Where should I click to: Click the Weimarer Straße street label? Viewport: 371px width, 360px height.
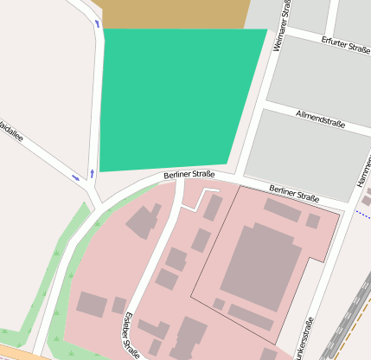point(278,29)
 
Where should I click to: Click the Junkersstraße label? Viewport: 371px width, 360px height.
point(302,339)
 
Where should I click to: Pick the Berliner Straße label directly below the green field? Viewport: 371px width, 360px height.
point(189,175)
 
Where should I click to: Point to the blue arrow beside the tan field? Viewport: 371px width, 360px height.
point(97,23)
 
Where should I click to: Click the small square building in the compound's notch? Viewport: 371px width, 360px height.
point(312,221)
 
